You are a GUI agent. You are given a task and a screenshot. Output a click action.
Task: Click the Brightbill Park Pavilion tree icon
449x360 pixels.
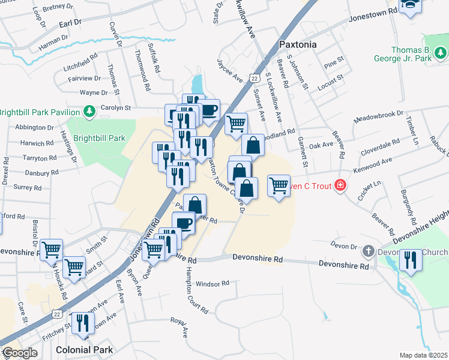click(89, 112)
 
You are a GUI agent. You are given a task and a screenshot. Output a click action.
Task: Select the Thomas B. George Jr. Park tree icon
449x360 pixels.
click(442, 54)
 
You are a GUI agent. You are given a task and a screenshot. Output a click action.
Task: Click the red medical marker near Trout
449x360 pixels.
click(340, 185)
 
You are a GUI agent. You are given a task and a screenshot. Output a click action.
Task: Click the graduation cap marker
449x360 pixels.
click(411, 5)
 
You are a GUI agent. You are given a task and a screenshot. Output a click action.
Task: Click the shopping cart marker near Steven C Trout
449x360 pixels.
click(279, 186)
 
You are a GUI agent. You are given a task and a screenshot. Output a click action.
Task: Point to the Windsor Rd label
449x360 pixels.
click(212, 283)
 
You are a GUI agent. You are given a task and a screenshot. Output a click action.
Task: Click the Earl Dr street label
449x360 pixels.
click(70, 22)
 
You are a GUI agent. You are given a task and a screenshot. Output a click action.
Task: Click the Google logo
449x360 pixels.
click(19, 353)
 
